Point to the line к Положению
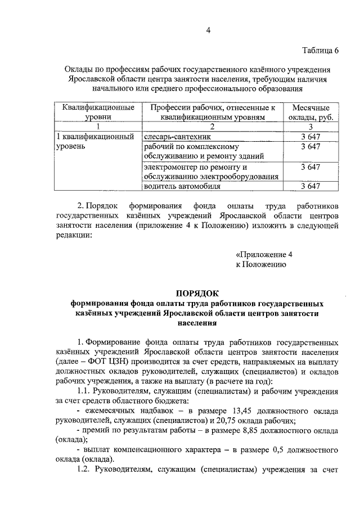coord(261,264)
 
